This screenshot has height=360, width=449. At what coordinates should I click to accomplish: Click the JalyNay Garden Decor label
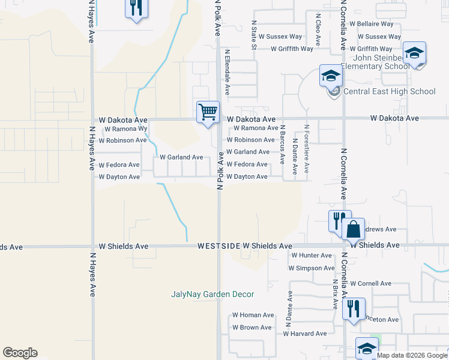click(212, 294)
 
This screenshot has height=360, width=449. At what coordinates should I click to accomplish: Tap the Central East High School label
click(389, 92)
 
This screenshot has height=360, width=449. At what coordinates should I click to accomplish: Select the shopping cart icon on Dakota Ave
click(208, 112)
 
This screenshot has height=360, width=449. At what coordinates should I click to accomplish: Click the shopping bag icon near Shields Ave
click(354, 229)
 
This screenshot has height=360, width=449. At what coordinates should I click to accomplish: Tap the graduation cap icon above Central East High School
click(331, 76)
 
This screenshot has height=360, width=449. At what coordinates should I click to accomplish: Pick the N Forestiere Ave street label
click(307, 149)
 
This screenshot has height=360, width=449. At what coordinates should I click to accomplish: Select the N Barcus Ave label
click(282, 146)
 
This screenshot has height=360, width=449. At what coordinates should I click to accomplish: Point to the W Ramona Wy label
click(126, 129)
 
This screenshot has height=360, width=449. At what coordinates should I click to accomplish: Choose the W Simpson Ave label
click(311, 268)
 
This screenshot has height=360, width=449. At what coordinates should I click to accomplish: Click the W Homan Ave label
click(253, 315)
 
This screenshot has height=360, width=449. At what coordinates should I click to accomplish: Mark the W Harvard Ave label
click(305, 334)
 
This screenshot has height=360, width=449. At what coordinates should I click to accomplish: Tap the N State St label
click(254, 34)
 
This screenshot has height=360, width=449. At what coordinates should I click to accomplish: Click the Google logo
click(20, 353)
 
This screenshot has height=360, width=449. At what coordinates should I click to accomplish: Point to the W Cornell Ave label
click(370, 283)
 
